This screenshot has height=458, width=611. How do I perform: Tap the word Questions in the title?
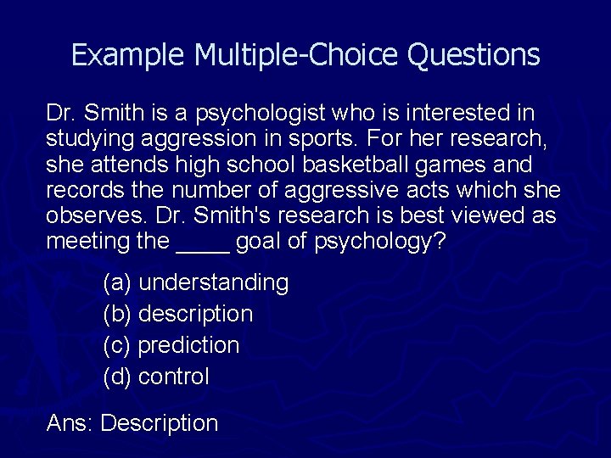tap(474, 55)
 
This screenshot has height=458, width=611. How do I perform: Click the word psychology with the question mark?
tap(379, 242)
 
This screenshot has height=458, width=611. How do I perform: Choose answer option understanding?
tap(213, 282)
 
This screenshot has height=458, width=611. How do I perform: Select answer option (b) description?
tap(195, 314)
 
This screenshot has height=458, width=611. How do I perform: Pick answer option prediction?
tap(188, 345)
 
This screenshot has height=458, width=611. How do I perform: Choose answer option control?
tap(173, 377)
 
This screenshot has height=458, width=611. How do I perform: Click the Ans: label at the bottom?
tap(70, 423)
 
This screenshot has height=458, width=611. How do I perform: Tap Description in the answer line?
tap(159, 423)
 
